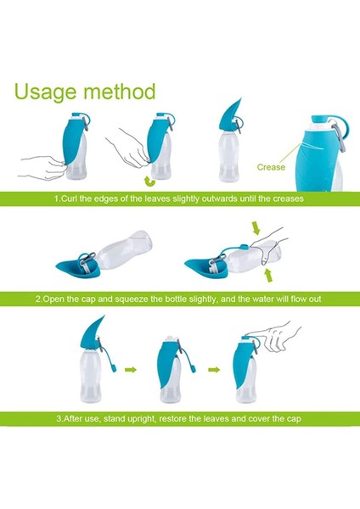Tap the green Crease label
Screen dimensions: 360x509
click(x=271, y=167)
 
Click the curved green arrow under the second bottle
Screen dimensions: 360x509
click(x=150, y=182)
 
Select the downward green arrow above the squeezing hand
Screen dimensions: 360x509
click(x=256, y=228)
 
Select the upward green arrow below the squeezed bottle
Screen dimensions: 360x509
click(x=267, y=276)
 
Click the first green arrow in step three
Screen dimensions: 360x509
click(x=131, y=369)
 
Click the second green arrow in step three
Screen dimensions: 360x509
click(x=214, y=369)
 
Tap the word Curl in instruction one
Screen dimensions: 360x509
click(x=70, y=199)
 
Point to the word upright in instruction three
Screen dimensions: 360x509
click(x=141, y=419)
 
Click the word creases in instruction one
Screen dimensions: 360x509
click(x=288, y=199)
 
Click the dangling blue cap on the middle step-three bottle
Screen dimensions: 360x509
click(x=193, y=369)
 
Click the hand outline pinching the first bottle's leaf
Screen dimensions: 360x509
click(x=42, y=166)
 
